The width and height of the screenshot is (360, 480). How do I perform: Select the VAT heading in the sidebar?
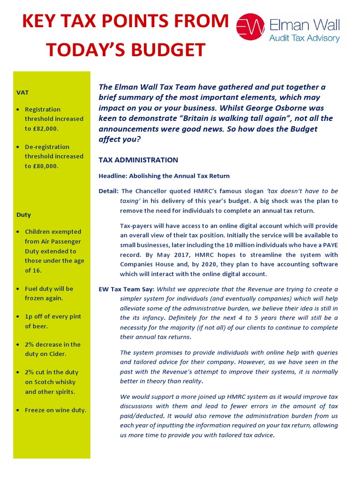click(x=22, y=93)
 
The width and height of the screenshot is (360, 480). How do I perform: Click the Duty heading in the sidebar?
click(x=23, y=215)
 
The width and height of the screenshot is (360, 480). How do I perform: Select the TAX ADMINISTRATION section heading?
click(x=138, y=160)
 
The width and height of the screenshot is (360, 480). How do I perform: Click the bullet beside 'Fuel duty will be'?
click(x=18, y=289)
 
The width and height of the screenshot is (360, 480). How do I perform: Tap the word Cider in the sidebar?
click(x=58, y=354)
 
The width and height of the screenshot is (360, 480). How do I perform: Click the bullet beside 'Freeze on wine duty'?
click(x=18, y=410)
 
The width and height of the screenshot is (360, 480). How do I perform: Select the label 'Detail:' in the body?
click(x=109, y=191)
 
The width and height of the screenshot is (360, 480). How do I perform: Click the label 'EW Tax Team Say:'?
click(x=127, y=289)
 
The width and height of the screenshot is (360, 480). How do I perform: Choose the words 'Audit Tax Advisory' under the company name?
click(x=304, y=38)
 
